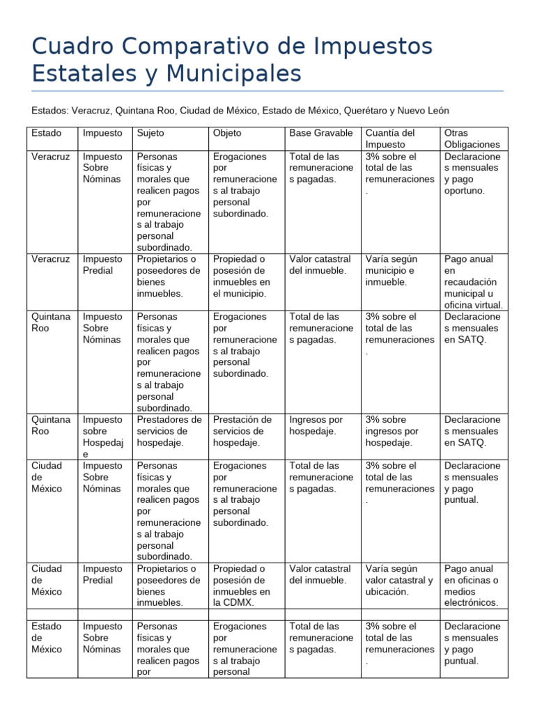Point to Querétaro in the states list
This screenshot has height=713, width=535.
tap(365, 111)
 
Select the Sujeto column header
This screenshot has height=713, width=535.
tap(151, 133)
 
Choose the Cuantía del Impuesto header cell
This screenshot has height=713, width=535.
tap(390, 139)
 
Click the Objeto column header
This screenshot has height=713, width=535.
tap(228, 133)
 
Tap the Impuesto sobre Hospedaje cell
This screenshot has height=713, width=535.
tap(103, 437)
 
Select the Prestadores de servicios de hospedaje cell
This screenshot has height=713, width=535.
tap(170, 431)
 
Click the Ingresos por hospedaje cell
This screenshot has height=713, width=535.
tap(316, 425)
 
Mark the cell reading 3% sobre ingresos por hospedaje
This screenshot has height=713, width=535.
tap(392, 431)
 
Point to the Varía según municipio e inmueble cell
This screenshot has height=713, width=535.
tap(390, 270)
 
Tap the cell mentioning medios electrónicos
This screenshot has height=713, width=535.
tap(472, 586)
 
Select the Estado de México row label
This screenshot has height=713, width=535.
tap(47, 638)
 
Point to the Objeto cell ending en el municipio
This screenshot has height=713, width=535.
tap(241, 276)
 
